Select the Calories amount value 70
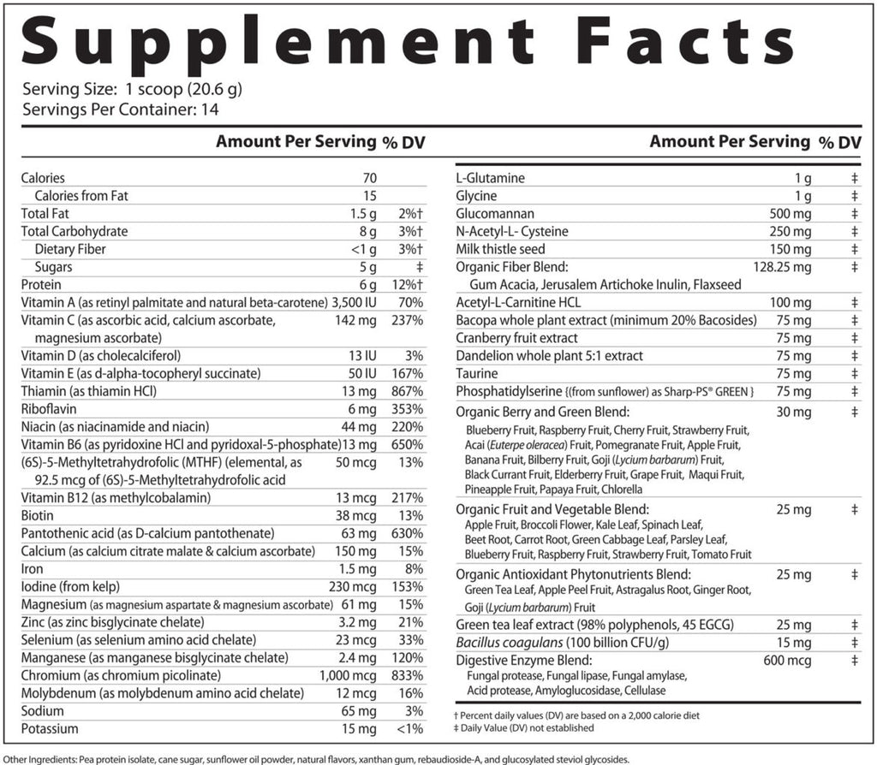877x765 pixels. (x=369, y=178)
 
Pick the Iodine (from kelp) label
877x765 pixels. (x=71, y=586)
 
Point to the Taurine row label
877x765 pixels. (x=477, y=374)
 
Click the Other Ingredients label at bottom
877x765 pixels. (x=57, y=758)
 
